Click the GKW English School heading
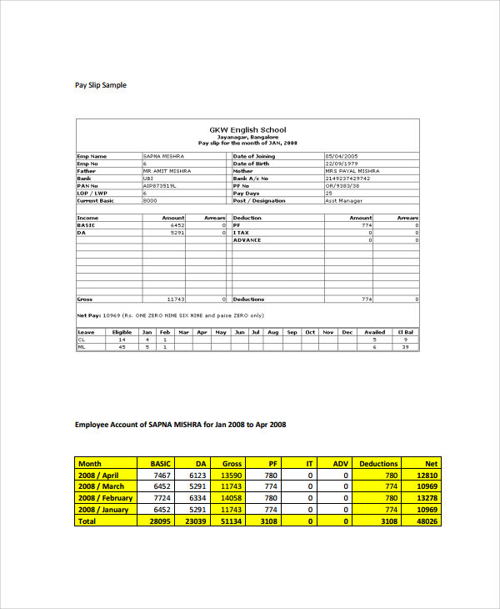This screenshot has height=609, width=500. tap(247, 129)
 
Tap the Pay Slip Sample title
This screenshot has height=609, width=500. tap(101, 85)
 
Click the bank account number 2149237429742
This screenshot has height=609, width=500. tap(348, 178)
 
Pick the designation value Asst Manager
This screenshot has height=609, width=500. tap(342, 200)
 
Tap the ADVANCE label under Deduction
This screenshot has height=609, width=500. tap(247, 240)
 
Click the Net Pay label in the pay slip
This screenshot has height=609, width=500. tap(88, 315)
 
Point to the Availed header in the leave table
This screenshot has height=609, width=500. tap(374, 332)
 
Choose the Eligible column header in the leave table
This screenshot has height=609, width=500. tap(122, 332)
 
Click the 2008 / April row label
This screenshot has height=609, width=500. tap(100, 475)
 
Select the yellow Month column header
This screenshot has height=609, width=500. tap(89, 463)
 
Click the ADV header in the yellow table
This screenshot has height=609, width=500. tap(340, 463)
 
